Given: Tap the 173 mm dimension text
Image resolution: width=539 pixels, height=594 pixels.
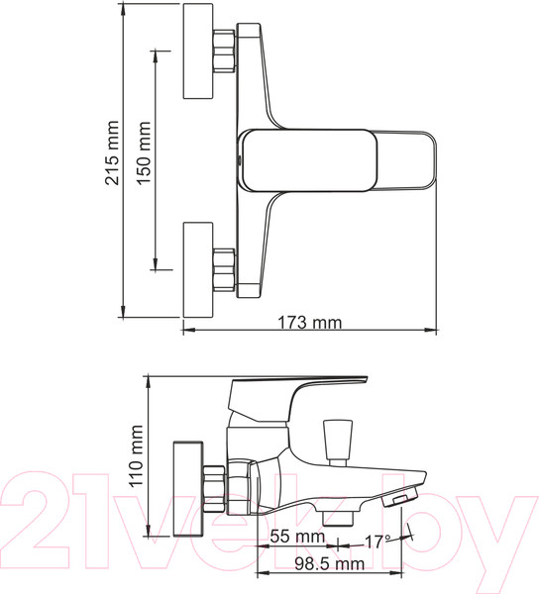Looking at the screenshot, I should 308,322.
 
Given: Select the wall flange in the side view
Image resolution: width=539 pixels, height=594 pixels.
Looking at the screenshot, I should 185,487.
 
